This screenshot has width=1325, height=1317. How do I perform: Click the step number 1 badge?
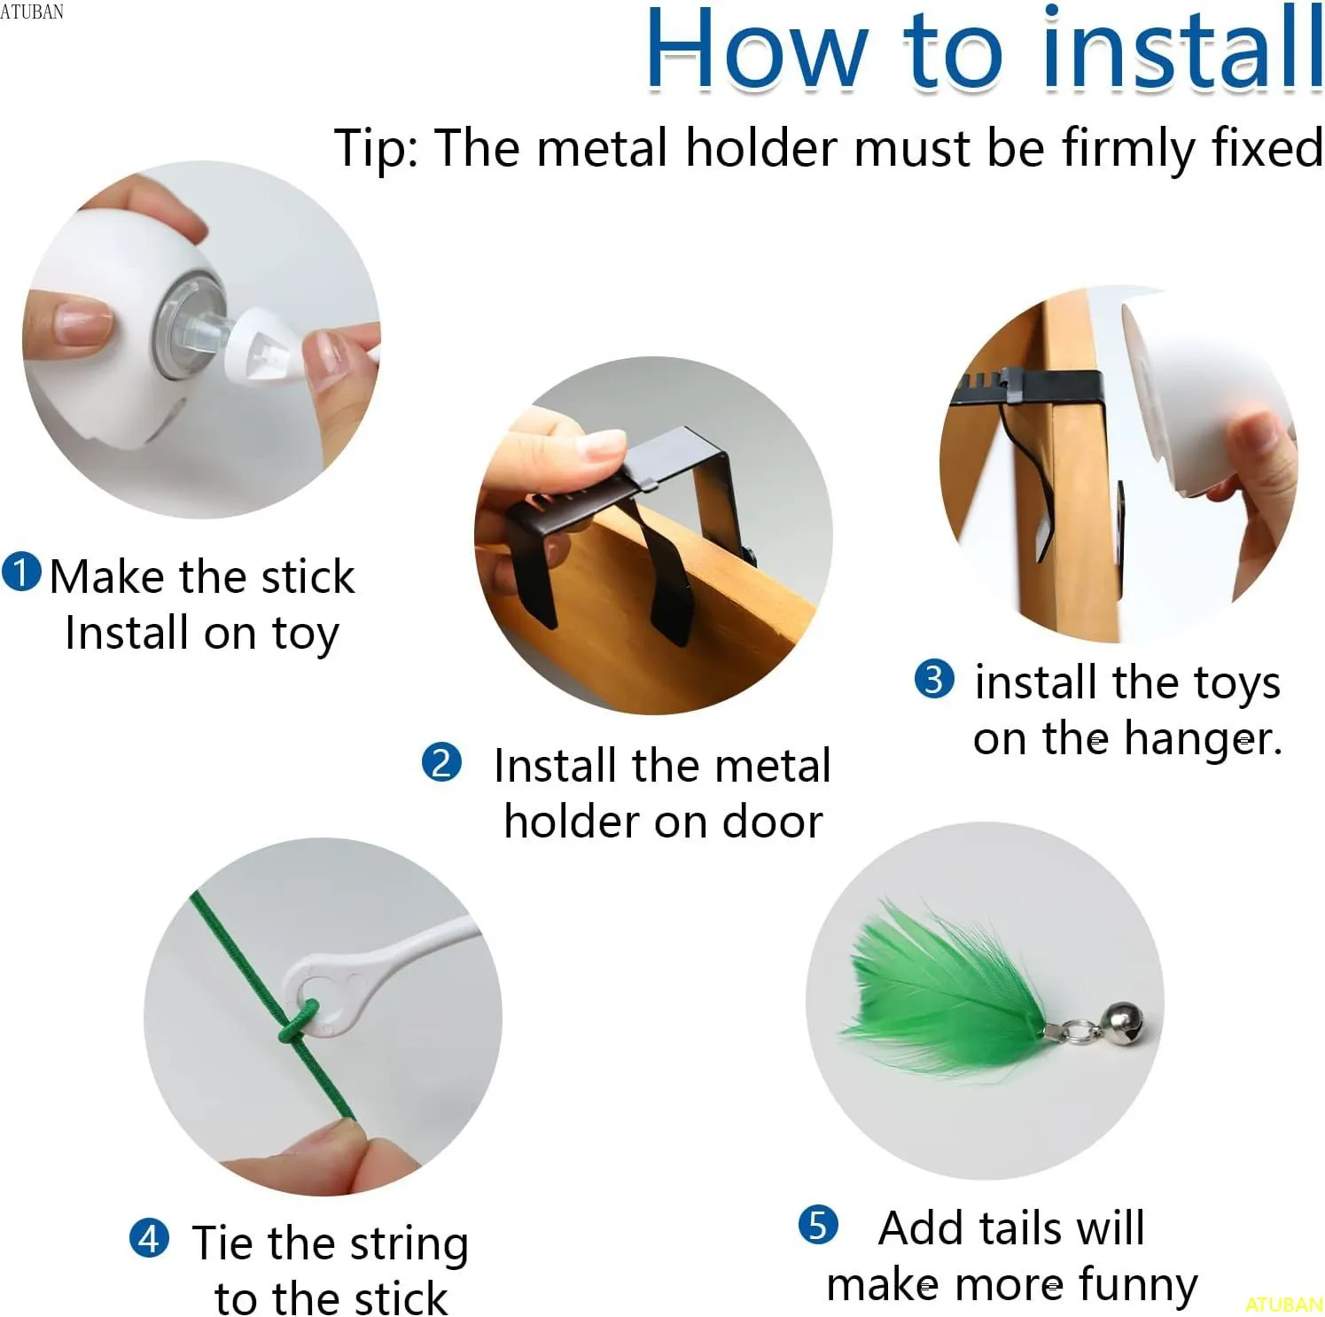[21, 573]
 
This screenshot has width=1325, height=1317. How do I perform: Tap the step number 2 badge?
[441, 762]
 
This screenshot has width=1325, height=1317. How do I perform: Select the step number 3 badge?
[934, 680]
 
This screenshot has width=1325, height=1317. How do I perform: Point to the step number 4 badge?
[149, 1238]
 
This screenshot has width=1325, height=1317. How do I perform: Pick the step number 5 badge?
[818, 1225]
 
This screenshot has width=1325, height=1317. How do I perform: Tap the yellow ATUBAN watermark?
[1283, 1304]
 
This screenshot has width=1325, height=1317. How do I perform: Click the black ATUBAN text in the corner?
[32, 12]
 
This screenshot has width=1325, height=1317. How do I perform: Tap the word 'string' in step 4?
[409, 1243]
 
